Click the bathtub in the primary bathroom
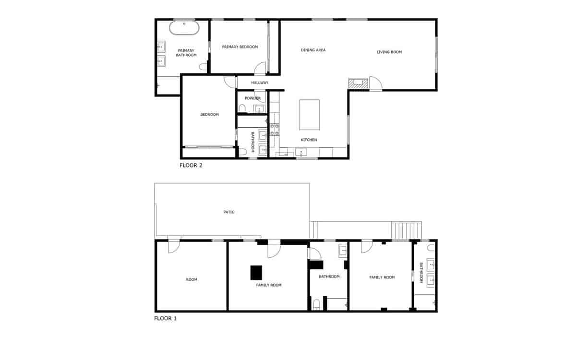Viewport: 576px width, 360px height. tap(184, 28)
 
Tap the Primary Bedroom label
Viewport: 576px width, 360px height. tap(240, 47)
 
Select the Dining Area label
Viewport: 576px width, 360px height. tap(313, 50)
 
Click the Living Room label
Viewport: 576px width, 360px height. tap(389, 52)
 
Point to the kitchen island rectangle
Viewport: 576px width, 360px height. tap(310, 115)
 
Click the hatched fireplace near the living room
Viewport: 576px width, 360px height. tap(358, 84)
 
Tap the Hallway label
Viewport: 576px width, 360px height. tap(260, 83)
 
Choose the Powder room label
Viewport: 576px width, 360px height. tap(252, 98)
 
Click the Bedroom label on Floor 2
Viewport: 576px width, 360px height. tap(209, 115)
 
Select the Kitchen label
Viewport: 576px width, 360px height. tap(309, 140)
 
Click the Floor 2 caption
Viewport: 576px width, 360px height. tap(191, 166)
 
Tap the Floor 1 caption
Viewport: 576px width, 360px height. tap(166, 318)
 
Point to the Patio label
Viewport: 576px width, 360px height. tap(229, 212)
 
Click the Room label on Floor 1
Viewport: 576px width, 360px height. tap(192, 279)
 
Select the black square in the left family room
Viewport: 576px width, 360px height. tap(256, 273)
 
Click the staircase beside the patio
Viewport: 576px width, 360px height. tap(407, 230)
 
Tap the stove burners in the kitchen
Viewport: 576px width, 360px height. tap(275, 130)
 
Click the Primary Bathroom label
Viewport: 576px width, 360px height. tap(186, 53)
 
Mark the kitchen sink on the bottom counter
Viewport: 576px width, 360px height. tap(302, 153)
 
